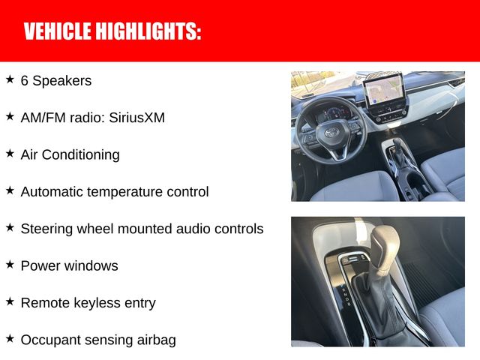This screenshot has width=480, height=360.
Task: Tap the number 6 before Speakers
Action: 25,80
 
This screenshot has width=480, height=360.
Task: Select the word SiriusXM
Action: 136,118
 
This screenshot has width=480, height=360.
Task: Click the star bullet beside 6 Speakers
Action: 10,79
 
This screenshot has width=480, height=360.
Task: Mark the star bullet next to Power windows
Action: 10,264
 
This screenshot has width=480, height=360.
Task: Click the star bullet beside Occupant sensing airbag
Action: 10,338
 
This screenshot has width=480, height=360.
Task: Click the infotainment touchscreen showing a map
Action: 382,91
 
